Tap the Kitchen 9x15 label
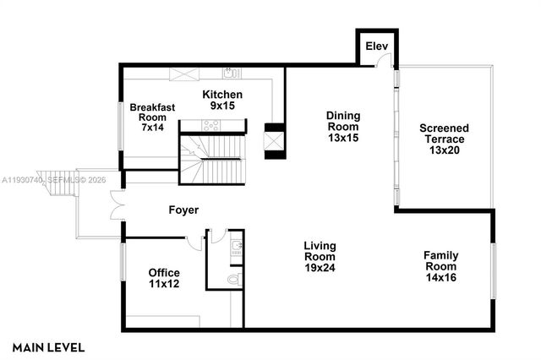(x=223, y=101)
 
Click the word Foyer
(x=184, y=210)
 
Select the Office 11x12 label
(x=164, y=278)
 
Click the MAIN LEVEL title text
(x=48, y=346)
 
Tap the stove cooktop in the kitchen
(x=210, y=125)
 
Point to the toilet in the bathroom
(x=235, y=277)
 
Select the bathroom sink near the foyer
(x=237, y=247)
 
